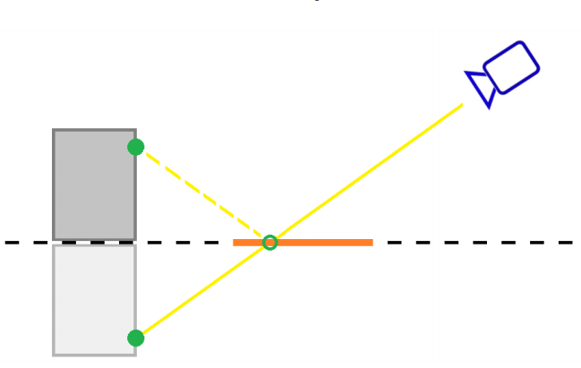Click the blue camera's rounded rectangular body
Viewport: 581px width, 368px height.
(511, 67)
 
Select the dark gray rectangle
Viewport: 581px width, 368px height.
(94, 184)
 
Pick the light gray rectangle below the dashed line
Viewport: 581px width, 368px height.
(94, 300)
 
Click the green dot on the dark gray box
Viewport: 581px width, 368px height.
(136, 147)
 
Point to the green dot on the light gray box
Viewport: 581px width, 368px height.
(136, 338)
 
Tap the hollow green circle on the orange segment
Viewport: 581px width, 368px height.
(269, 242)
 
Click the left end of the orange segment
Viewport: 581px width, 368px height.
(235, 242)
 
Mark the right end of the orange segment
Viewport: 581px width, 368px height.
(372, 242)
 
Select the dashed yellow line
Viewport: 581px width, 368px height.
(201, 193)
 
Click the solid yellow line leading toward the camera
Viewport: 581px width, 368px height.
(367, 173)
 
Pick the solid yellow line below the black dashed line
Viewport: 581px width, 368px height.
(201, 290)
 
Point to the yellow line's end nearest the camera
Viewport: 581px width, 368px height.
(462, 106)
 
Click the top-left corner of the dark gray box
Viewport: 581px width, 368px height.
(54, 131)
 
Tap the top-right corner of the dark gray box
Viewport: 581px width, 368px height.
(135, 131)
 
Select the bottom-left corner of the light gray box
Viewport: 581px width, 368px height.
(54, 354)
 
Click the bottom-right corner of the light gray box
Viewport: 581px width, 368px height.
(135, 354)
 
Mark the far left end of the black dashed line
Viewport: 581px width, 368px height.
(5, 242)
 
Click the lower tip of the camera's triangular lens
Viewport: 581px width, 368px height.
(489, 107)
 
